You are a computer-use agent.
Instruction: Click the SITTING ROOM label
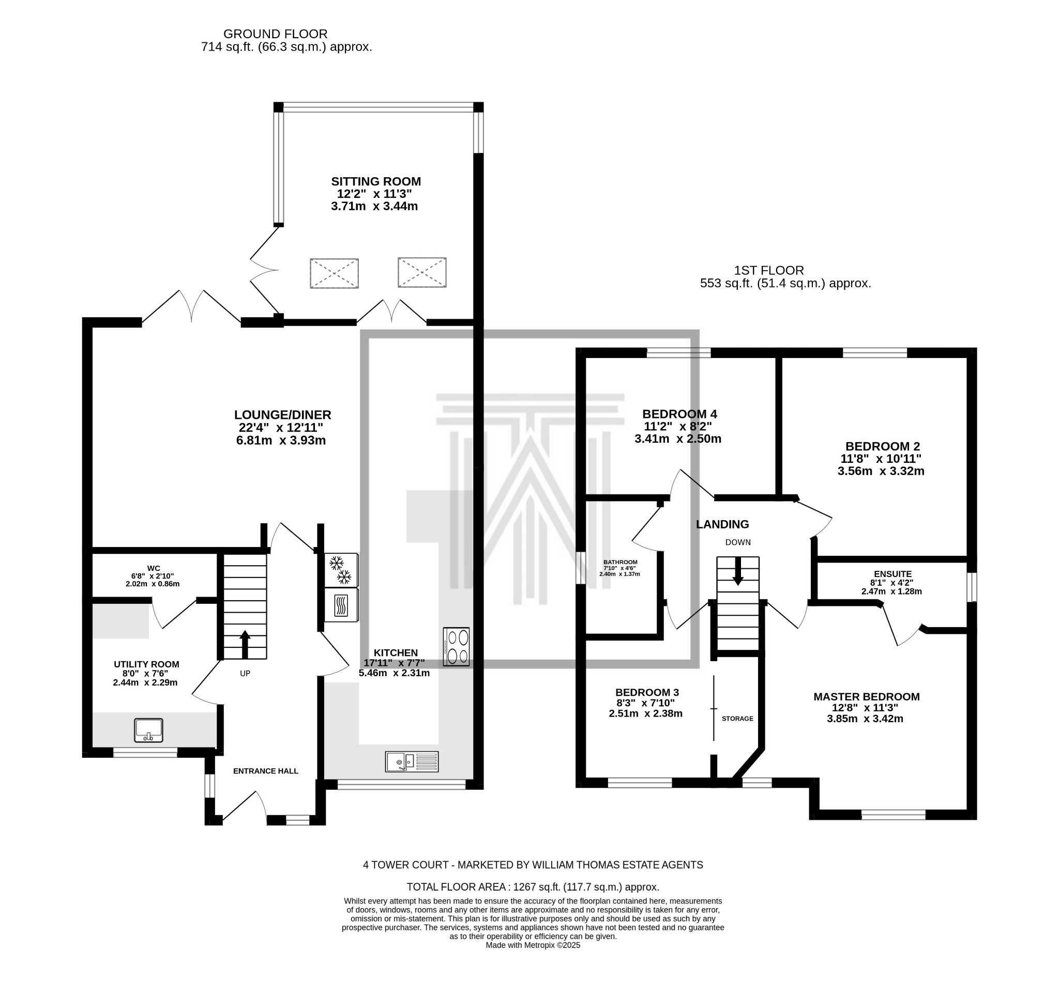tap(375, 181)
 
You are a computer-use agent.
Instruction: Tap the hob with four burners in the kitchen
tap(456, 646)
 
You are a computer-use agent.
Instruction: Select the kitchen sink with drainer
tap(411, 762)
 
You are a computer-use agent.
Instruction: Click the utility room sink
tap(148, 730)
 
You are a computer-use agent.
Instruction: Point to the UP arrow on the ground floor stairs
tap(245, 644)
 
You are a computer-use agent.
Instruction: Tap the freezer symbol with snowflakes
tap(341, 570)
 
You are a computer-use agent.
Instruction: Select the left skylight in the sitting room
tap(334, 273)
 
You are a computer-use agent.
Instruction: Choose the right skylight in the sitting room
tap(422, 272)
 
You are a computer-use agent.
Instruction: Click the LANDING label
tap(722, 524)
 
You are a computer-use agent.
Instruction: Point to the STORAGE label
tap(737, 719)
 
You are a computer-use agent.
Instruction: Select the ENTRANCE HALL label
tap(265, 771)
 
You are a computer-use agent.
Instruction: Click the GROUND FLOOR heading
tap(275, 34)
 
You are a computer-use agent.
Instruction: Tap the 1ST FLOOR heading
tap(769, 270)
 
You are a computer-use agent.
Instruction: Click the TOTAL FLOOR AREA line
tap(533, 887)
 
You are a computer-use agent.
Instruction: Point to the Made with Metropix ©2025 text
tap(533, 945)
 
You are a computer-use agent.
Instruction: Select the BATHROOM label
tap(620, 562)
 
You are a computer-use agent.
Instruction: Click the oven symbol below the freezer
tap(341, 605)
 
